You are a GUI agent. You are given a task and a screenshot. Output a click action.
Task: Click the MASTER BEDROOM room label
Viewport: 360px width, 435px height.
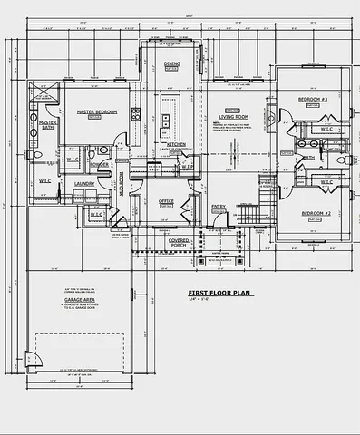coord(93,112)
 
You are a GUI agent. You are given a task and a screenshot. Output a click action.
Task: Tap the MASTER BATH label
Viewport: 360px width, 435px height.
coord(48,123)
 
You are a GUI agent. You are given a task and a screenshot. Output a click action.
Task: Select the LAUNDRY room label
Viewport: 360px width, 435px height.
coord(85,184)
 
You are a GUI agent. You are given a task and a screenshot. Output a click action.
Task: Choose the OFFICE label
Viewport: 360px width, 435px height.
coord(166,200)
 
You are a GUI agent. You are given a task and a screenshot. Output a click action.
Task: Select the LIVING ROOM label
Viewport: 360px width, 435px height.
coord(233,117)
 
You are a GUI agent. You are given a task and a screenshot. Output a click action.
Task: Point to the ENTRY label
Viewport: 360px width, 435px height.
coord(219,207)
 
